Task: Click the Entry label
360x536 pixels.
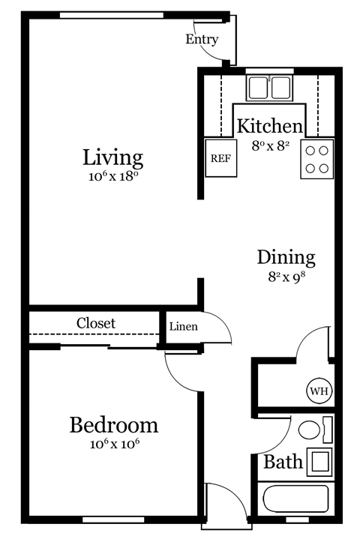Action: click(202, 40)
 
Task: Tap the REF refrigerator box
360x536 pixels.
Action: click(220, 158)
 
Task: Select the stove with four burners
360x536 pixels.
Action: click(316, 159)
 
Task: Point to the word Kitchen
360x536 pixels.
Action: click(270, 126)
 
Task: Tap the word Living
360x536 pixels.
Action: click(112, 158)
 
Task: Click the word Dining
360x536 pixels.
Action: click(286, 257)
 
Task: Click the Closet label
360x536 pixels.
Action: click(96, 323)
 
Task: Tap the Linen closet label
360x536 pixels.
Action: click(183, 327)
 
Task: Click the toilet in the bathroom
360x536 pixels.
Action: click(309, 431)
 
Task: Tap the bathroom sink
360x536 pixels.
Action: click(319, 460)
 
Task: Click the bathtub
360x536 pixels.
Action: click(295, 499)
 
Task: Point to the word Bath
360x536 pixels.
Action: click(283, 462)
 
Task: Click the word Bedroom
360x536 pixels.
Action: click(114, 426)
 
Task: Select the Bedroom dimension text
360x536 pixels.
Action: click(114, 444)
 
